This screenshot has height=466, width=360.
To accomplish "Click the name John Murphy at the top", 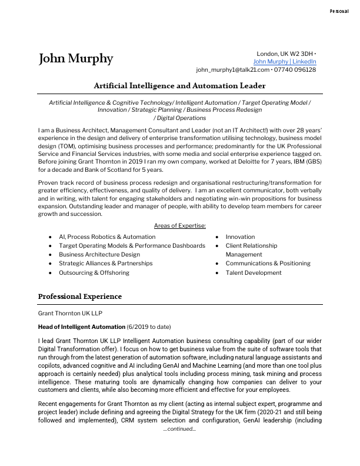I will tap(75, 59).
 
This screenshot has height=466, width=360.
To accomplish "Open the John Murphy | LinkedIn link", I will tap(285, 61).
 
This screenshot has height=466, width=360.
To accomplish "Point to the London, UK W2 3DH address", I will tap(285, 54).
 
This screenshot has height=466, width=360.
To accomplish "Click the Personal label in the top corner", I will tap(339, 11).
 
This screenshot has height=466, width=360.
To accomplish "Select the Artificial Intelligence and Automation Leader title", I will tap(179, 85).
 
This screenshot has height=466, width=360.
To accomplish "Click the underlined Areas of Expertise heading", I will tap(179, 226).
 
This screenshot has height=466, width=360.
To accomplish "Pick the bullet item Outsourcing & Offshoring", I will tap(94, 273).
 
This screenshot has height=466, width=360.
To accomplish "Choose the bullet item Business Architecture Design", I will tap(99, 255).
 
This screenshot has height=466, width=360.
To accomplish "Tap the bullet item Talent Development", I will tap(254, 273).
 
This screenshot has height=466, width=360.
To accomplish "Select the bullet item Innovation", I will tap(240, 237).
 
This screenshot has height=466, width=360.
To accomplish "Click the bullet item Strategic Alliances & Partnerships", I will tap(105, 264).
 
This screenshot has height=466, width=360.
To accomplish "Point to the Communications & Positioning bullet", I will tap(268, 264).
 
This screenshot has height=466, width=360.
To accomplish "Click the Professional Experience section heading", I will tap(80, 296).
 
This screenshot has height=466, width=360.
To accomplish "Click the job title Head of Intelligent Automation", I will tap(82, 327).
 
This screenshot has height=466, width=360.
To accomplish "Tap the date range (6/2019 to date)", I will tap(149, 327).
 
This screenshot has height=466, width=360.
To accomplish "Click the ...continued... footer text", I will tap(179, 430).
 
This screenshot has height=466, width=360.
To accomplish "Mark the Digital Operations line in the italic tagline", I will tap(179, 118).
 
